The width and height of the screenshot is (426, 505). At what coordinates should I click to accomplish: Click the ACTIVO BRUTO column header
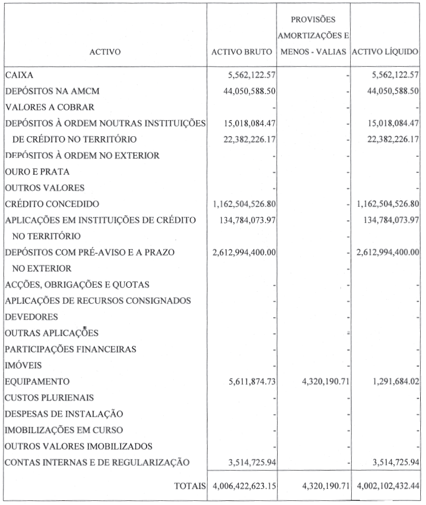(x=241, y=52)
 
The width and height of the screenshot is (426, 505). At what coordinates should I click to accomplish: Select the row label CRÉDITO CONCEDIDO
(x=52, y=204)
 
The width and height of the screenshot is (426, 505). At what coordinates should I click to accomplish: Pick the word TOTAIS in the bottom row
(x=190, y=486)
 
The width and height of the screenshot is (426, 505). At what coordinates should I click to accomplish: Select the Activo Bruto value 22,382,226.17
(x=244, y=139)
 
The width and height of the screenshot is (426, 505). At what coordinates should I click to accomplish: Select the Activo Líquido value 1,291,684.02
(x=389, y=381)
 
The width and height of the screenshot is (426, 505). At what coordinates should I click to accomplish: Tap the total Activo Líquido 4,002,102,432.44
(x=383, y=486)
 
